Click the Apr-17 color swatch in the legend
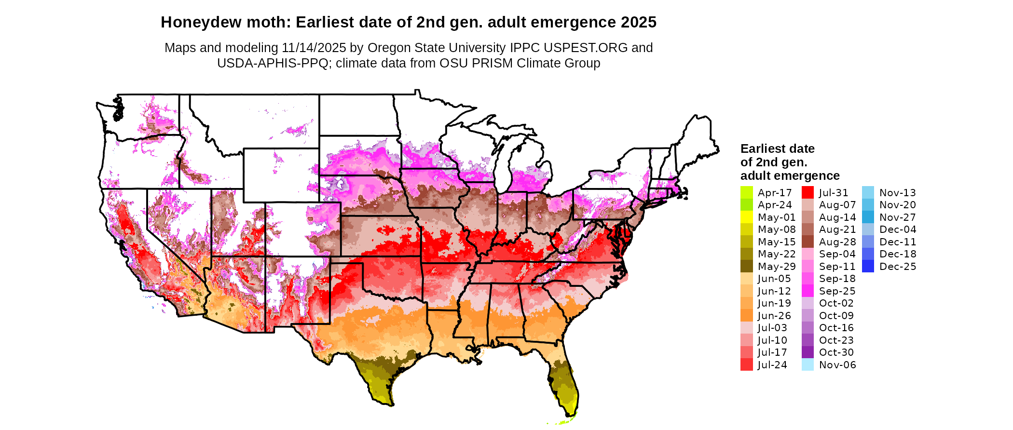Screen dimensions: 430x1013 [746, 192]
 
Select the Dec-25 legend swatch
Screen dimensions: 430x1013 [868, 266]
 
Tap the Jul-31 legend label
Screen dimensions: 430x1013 [833, 192]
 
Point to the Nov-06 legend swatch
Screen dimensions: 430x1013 [808, 365]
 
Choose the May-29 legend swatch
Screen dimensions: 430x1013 [746, 266]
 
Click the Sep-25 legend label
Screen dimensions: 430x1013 [837, 291]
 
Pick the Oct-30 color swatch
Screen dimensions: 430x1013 [808, 352]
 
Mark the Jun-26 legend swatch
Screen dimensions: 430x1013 [746, 315]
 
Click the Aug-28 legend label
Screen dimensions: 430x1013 [837, 242]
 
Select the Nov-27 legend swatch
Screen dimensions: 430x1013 [868, 217]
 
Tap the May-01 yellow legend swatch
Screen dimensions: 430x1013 [746, 217]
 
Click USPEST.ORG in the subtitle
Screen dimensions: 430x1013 [586, 48]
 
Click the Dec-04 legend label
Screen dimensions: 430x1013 [897, 229]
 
